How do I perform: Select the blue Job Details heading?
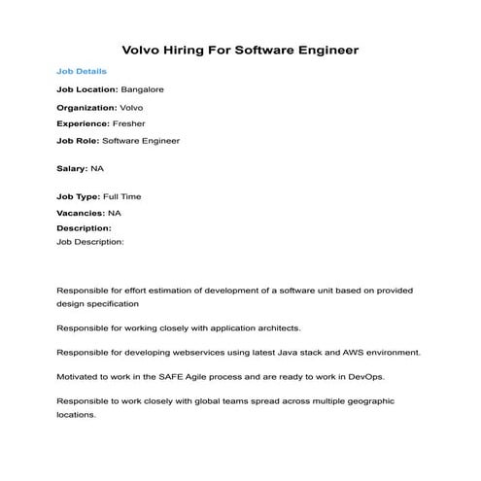coord(82,72)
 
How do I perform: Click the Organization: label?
coord(86,107)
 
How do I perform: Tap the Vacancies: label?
coord(81,213)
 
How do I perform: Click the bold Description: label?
coord(84,228)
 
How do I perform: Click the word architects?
coord(277,326)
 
